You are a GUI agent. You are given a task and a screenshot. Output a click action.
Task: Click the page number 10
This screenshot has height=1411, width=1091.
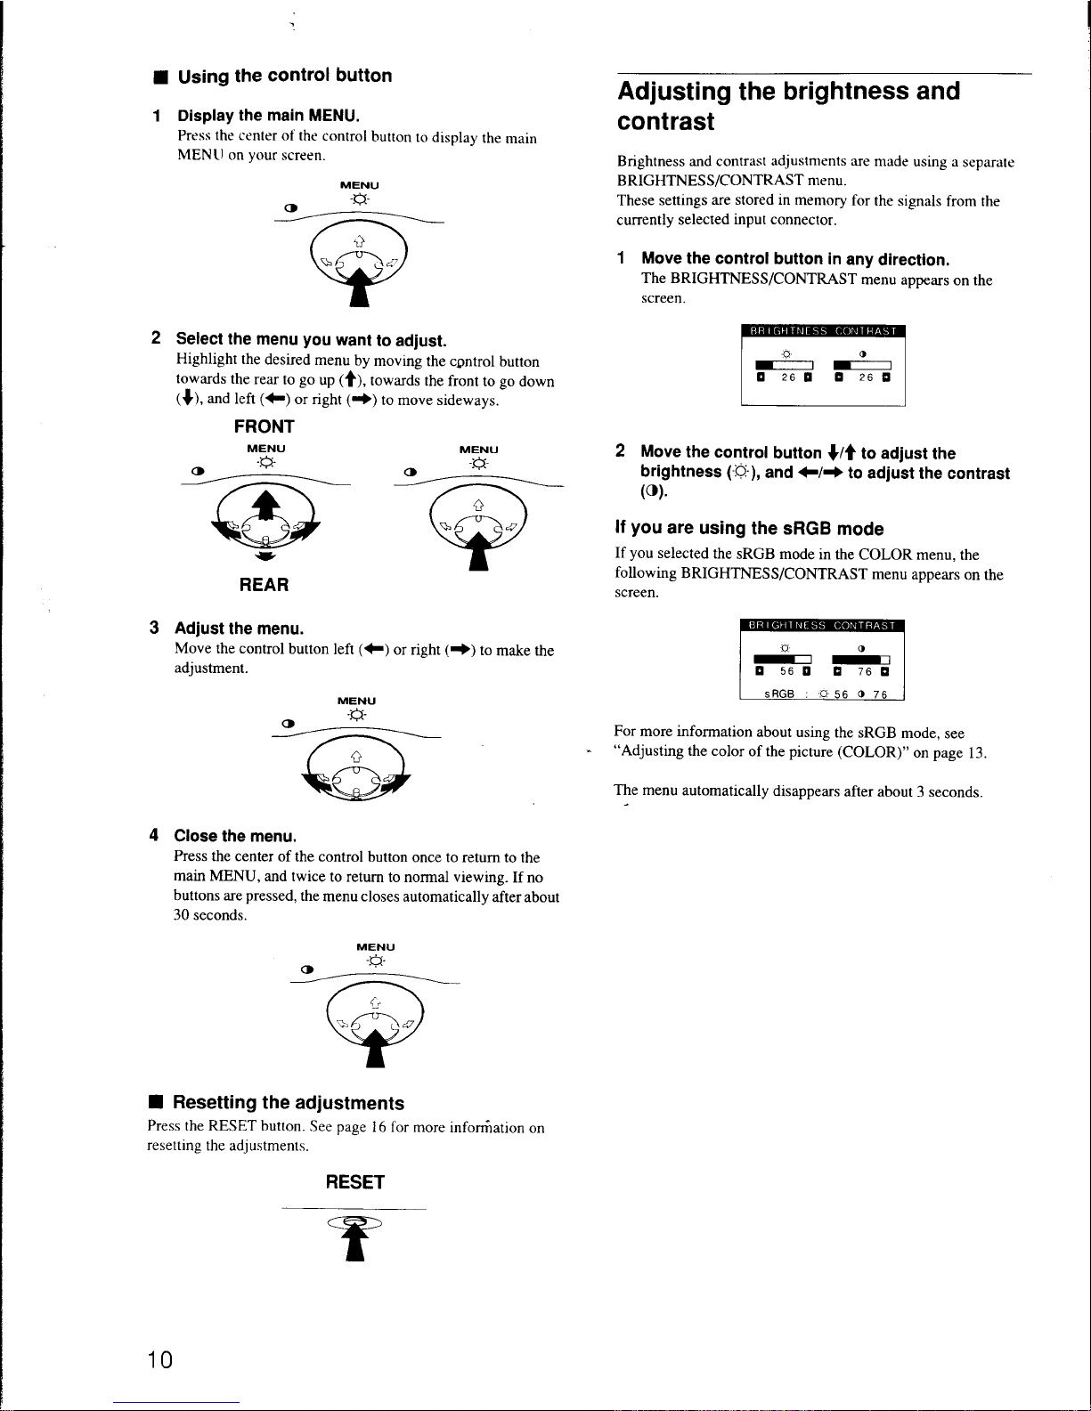tap(160, 1359)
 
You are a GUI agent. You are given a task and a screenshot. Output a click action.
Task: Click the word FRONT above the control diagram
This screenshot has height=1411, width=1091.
tap(264, 426)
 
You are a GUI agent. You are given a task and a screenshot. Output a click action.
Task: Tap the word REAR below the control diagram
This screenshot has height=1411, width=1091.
tap(264, 585)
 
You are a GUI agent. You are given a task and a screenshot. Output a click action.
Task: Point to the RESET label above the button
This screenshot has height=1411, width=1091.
tap(354, 1182)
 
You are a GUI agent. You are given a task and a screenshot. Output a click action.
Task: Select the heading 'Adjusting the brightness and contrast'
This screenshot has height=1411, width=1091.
tap(788, 106)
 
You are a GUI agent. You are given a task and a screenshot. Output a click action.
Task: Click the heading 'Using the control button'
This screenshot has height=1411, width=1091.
tap(284, 76)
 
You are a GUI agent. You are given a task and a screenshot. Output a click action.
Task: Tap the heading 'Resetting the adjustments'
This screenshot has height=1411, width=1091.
tap(288, 1103)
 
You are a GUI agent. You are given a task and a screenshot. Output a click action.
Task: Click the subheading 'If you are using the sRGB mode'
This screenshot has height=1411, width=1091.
tap(749, 529)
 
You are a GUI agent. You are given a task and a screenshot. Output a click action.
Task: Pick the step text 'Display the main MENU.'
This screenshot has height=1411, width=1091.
tap(268, 116)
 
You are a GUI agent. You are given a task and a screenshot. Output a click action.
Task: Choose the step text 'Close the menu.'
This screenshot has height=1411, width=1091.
tap(235, 836)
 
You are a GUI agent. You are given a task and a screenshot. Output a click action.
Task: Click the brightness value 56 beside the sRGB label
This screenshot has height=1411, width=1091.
tap(841, 695)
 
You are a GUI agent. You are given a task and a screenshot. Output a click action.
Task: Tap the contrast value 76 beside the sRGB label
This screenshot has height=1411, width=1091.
tap(879, 695)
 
